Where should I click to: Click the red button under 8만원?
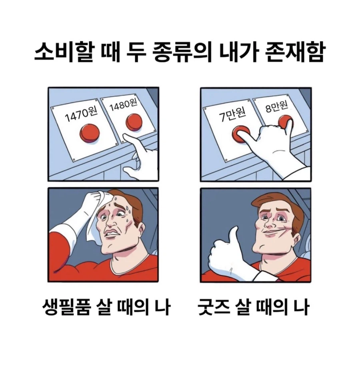tap(286, 122)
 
